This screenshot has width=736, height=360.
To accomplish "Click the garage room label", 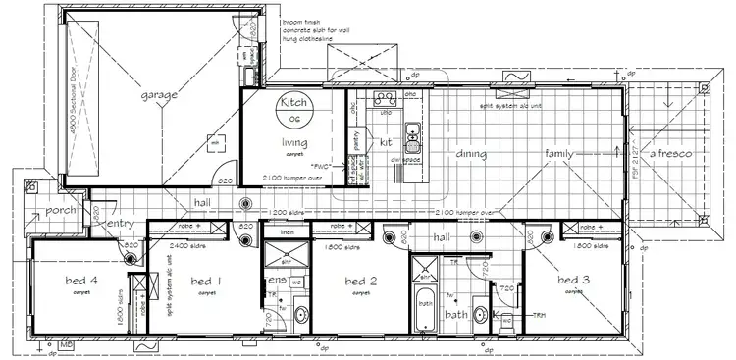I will [x=158, y=95].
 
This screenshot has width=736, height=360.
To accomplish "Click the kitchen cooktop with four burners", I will [x=384, y=97].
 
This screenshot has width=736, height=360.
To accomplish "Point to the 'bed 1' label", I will [x=206, y=283].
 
